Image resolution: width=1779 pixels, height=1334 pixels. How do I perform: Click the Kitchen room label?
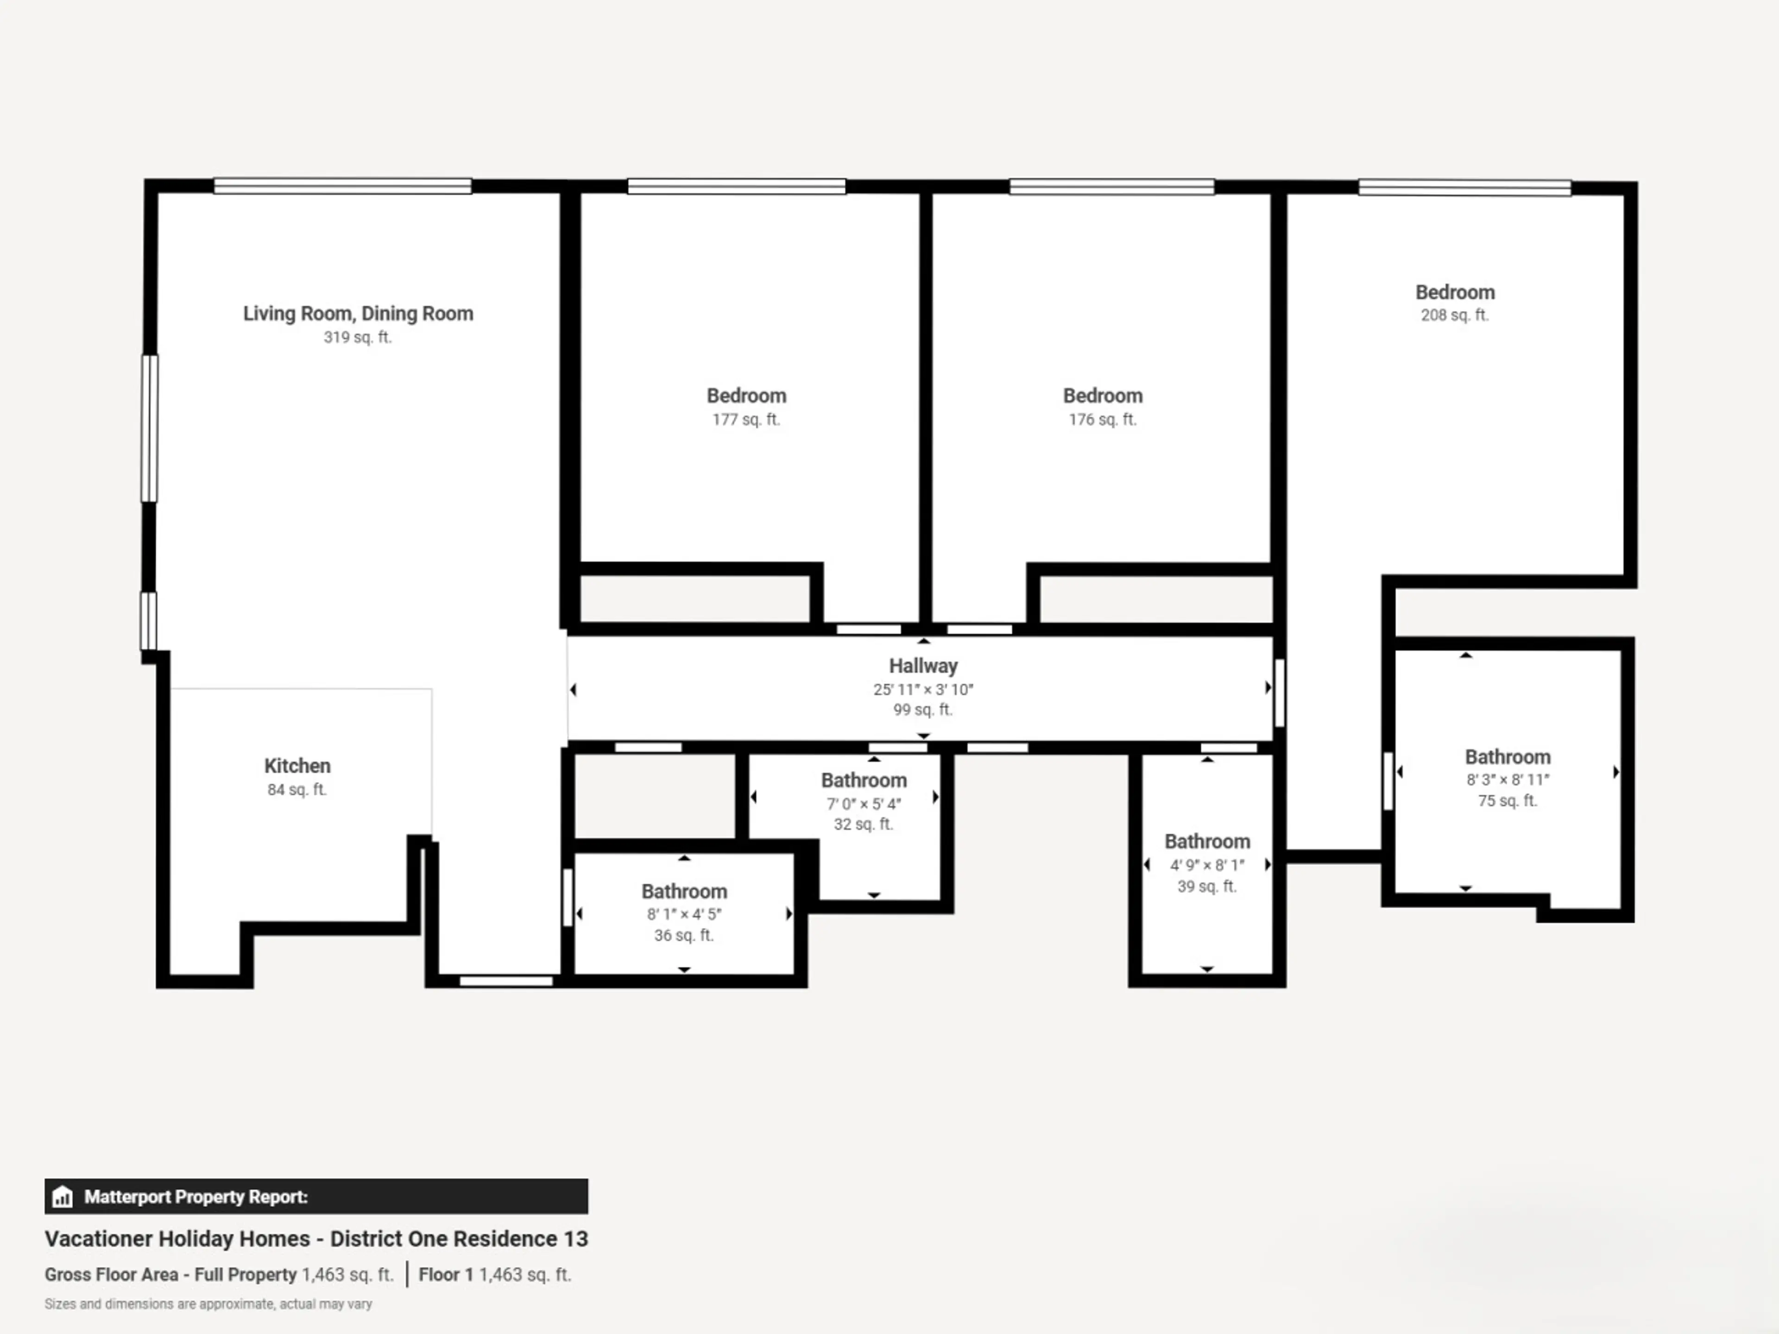[297, 766]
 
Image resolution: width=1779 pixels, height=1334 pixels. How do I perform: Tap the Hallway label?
[923, 666]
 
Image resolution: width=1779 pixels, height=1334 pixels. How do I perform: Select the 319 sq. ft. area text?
[358, 337]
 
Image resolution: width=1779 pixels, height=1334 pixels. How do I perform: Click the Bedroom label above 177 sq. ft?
[746, 396]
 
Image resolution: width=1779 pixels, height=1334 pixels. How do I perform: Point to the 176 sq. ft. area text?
[1103, 419]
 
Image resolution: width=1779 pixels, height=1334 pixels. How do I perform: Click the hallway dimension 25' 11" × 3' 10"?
[923, 689]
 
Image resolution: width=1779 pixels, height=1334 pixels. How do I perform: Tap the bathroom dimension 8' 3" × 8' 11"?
[1508, 779]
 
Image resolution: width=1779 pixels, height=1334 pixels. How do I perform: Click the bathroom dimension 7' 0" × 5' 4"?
[864, 803]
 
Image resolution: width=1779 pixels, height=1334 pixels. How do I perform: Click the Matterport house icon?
[62, 1196]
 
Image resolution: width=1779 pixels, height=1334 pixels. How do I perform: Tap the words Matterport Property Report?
[196, 1196]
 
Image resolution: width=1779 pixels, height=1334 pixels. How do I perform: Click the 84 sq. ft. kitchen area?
[297, 790]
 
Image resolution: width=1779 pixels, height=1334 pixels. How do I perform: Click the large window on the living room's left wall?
[150, 428]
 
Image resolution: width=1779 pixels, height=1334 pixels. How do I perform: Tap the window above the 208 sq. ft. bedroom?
[1464, 187]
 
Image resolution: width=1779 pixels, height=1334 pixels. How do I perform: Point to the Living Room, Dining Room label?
[358, 314]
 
